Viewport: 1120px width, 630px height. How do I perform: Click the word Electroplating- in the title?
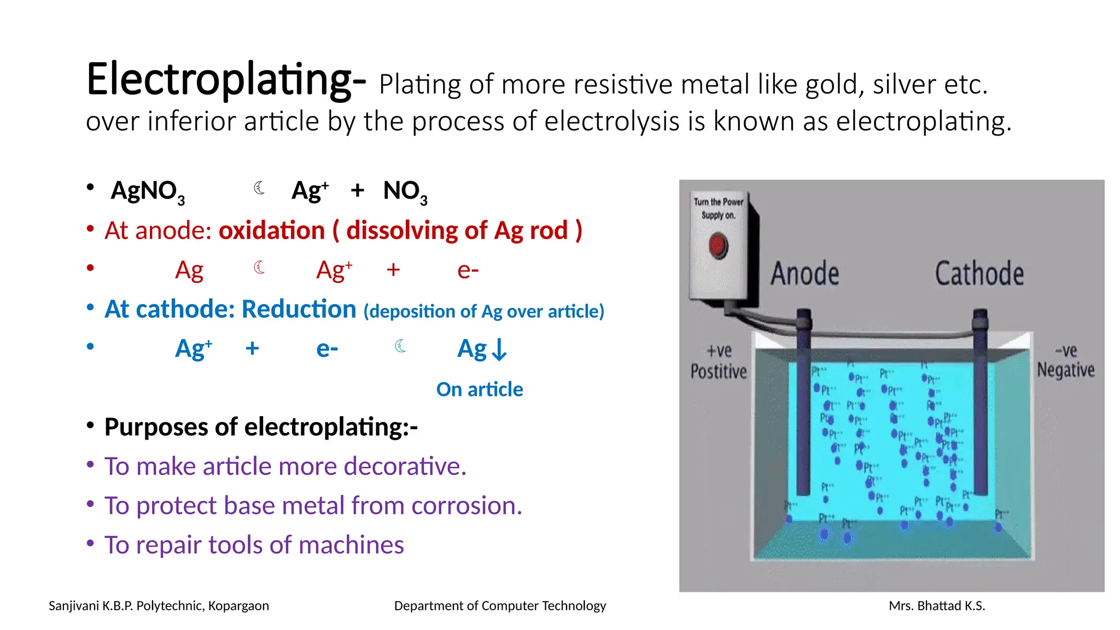click(x=225, y=80)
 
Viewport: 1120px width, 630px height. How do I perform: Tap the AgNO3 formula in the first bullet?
click(x=148, y=191)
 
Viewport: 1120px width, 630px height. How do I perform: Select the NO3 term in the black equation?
click(x=405, y=191)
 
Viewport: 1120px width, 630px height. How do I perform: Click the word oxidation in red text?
click(x=272, y=231)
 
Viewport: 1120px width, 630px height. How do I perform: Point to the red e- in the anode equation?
click(x=468, y=270)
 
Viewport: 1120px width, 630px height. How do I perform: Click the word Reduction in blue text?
click(x=299, y=310)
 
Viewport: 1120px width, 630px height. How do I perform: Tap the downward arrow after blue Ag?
click(x=499, y=350)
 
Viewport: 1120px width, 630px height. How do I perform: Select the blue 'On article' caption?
click(x=480, y=389)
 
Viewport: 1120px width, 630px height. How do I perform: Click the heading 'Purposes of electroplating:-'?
click(x=261, y=427)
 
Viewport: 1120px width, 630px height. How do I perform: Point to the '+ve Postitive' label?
click(x=719, y=361)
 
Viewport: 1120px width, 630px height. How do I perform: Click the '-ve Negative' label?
click(x=1066, y=361)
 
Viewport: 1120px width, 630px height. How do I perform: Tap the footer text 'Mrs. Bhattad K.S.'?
click(x=937, y=606)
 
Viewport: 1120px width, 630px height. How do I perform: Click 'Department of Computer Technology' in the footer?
click(x=500, y=606)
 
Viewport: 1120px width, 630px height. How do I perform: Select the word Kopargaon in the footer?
click(x=238, y=606)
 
